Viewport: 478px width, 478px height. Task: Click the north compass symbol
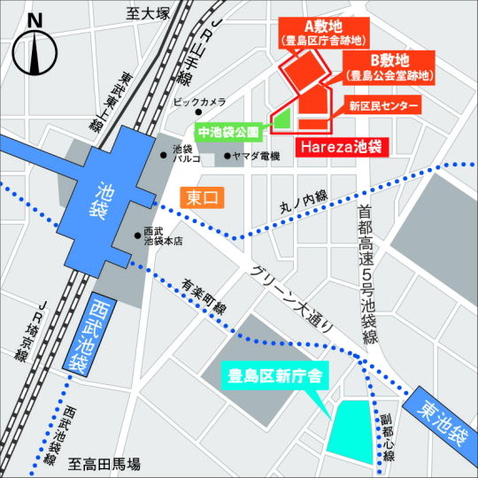pyautogui.click(x=35, y=50)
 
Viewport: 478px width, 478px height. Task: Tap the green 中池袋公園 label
pyautogui.click(x=228, y=132)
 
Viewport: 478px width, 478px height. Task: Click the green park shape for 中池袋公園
pyautogui.click(x=282, y=119)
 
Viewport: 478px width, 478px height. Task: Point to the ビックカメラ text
pyautogui.click(x=199, y=103)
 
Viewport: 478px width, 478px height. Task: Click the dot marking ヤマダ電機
pyautogui.click(x=227, y=157)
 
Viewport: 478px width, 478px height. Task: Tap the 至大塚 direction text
pyautogui.click(x=147, y=13)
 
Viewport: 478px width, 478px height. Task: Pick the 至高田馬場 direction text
pyautogui.click(x=106, y=464)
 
